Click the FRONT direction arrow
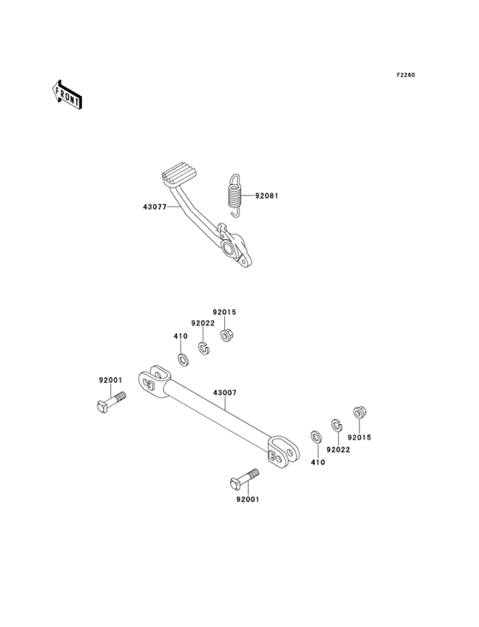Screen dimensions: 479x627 (66, 94)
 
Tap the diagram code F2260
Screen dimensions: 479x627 (405, 75)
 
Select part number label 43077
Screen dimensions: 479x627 (155, 206)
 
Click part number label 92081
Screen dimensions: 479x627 (267, 196)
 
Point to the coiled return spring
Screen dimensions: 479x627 (235, 196)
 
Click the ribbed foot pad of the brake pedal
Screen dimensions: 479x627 (180, 174)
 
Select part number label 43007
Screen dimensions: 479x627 (225, 392)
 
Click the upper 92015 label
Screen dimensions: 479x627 (224, 312)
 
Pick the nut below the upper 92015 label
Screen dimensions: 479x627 (227, 335)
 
